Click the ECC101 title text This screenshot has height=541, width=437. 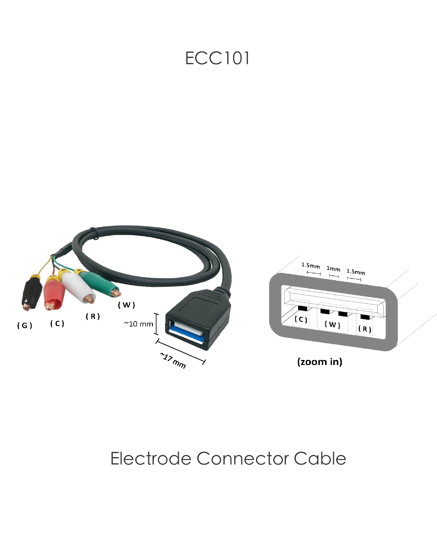[217, 58]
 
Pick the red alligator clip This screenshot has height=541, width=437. [54, 294]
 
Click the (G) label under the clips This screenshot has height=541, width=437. [25, 325]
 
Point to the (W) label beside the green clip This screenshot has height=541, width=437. [127, 305]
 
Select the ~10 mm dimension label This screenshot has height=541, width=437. [139, 324]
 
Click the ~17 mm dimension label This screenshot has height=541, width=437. [173, 361]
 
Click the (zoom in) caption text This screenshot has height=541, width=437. [320, 362]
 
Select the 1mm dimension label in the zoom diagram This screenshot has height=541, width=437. [333, 269]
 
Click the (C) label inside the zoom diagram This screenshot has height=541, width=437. [301, 319]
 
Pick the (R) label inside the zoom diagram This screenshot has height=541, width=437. [365, 329]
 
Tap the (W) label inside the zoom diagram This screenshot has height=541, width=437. [332, 325]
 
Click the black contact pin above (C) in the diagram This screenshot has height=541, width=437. [303, 308]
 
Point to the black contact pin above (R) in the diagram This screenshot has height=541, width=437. [365, 317]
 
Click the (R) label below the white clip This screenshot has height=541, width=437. [93, 316]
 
